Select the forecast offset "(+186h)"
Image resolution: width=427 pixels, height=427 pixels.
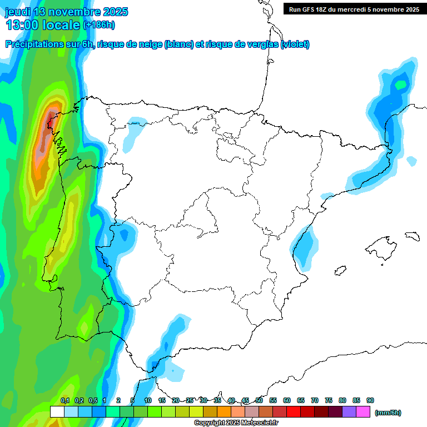click(98, 25)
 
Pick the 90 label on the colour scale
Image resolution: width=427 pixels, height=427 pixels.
click(370, 400)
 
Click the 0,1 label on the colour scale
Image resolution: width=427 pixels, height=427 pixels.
click(64, 400)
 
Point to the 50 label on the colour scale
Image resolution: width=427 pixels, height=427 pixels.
click(259, 400)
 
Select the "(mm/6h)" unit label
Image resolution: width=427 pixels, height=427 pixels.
click(388, 413)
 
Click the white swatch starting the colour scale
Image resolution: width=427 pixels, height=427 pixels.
click(57, 412)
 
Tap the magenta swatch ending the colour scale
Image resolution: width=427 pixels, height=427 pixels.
click(363, 412)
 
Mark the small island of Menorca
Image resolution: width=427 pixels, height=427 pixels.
click(412, 236)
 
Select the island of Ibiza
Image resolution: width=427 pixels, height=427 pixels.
click(340, 271)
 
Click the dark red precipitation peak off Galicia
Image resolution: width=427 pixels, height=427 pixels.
click(51, 117)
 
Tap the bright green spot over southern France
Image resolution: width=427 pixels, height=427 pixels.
click(400, 85)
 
